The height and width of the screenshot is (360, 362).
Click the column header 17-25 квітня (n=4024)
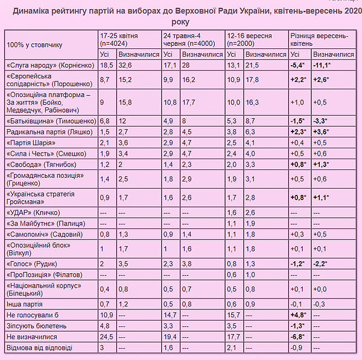pyautogui.click(x=124, y=40)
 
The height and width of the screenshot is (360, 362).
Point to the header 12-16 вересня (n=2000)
pyautogui.click(x=250, y=40)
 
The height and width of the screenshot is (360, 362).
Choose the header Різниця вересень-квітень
pyautogui.click(x=313, y=40)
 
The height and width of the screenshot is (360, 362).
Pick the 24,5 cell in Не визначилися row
pyautogui.click(x=106, y=336)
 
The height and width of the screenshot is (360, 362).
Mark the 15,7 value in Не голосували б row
pyautogui.click(x=233, y=314)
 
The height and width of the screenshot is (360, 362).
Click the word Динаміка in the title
pyautogui.click(x=34, y=11)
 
